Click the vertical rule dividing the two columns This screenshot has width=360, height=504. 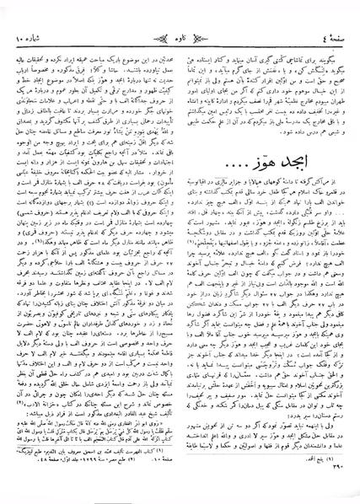tap(180, 253)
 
